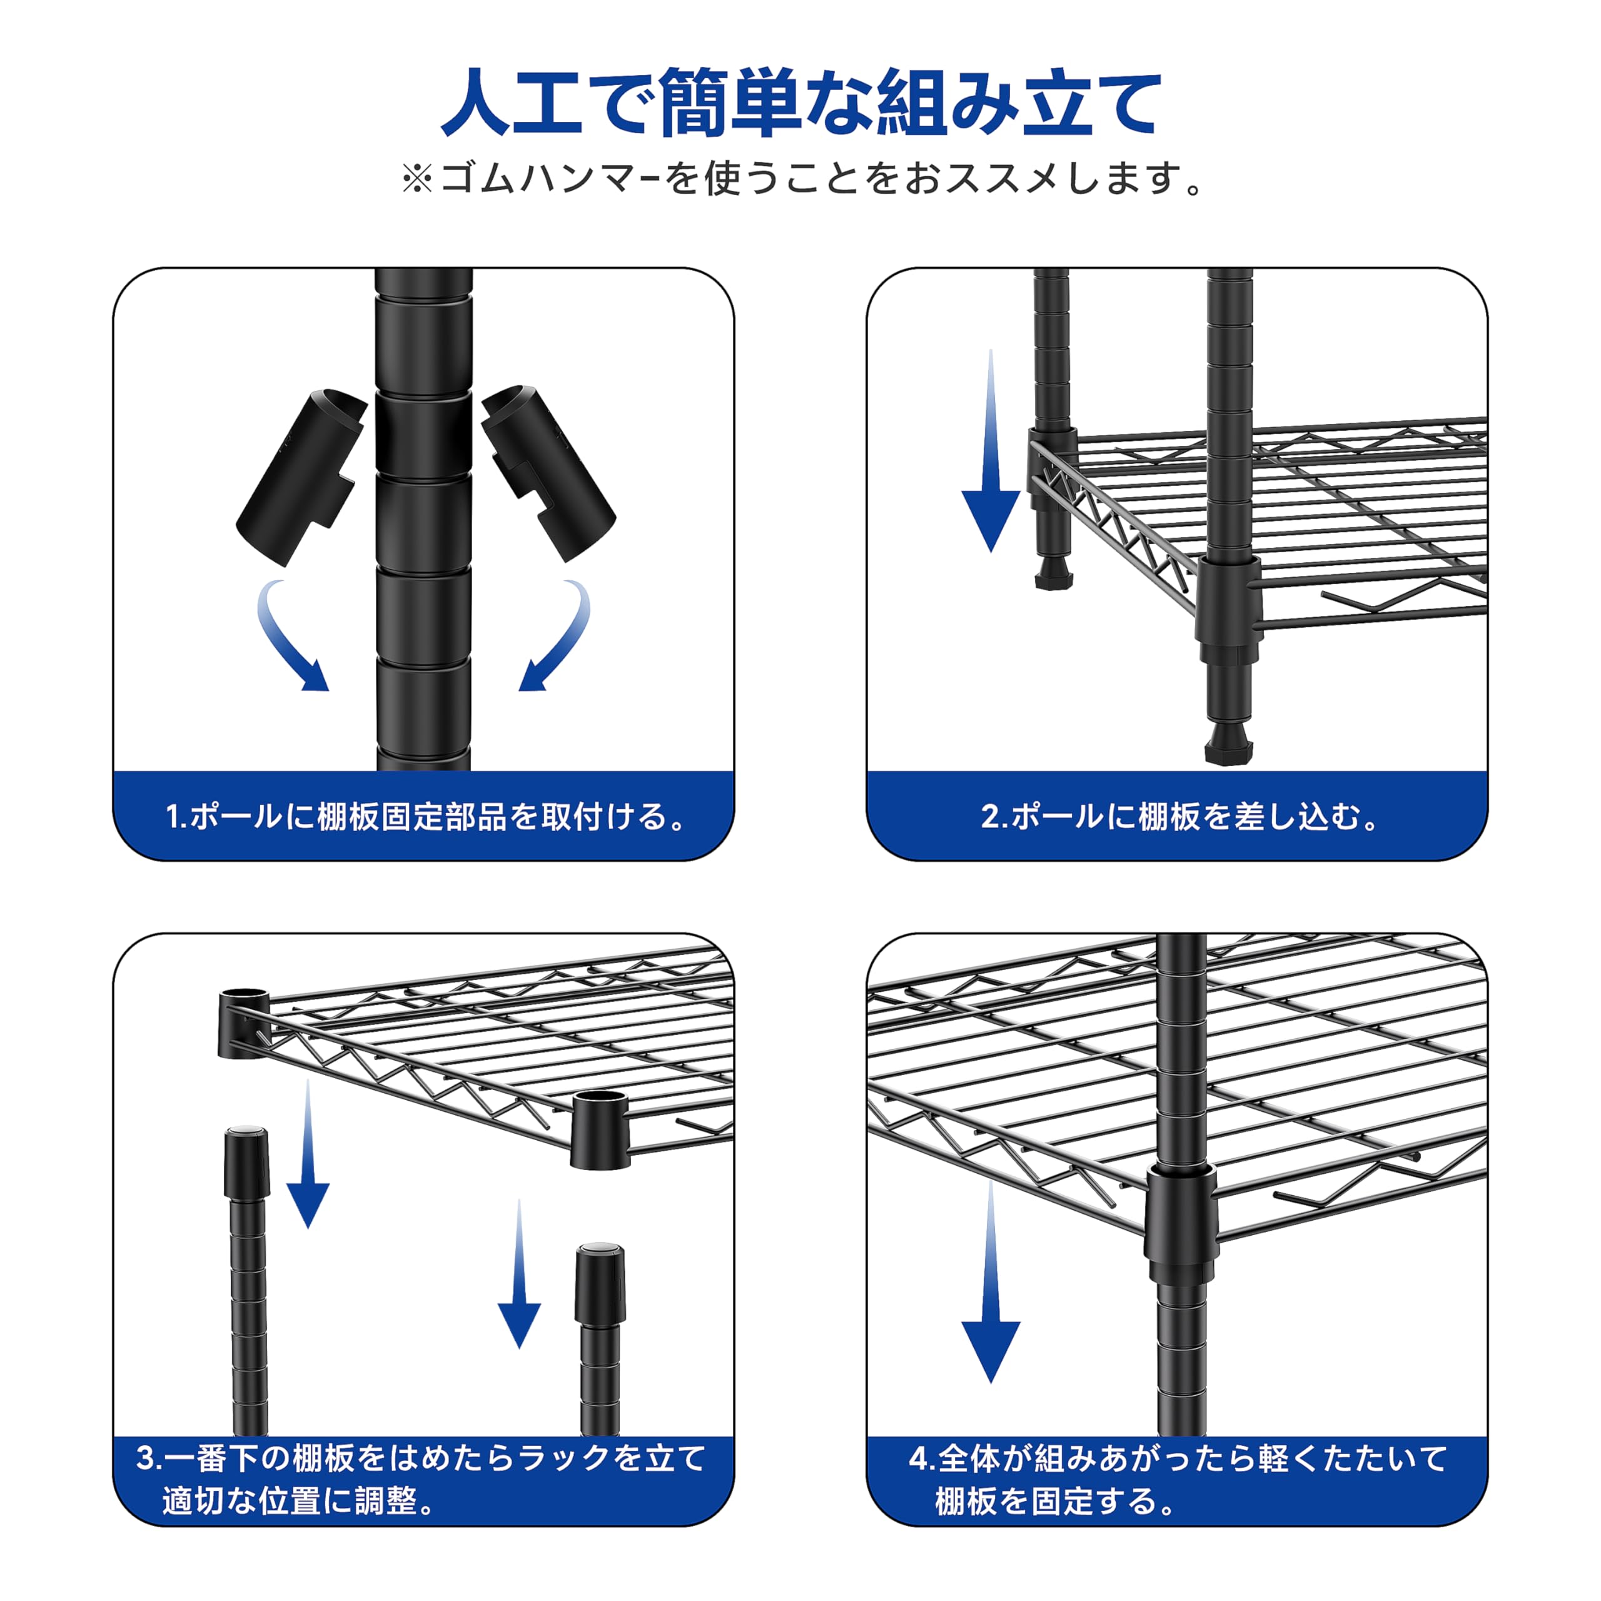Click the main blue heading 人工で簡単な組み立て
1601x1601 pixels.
(x=800, y=104)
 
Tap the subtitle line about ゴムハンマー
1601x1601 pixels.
(x=800, y=178)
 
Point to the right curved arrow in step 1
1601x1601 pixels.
(x=557, y=637)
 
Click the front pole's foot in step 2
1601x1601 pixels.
(x=1228, y=744)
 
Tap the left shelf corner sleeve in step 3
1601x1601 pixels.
(x=244, y=1024)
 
